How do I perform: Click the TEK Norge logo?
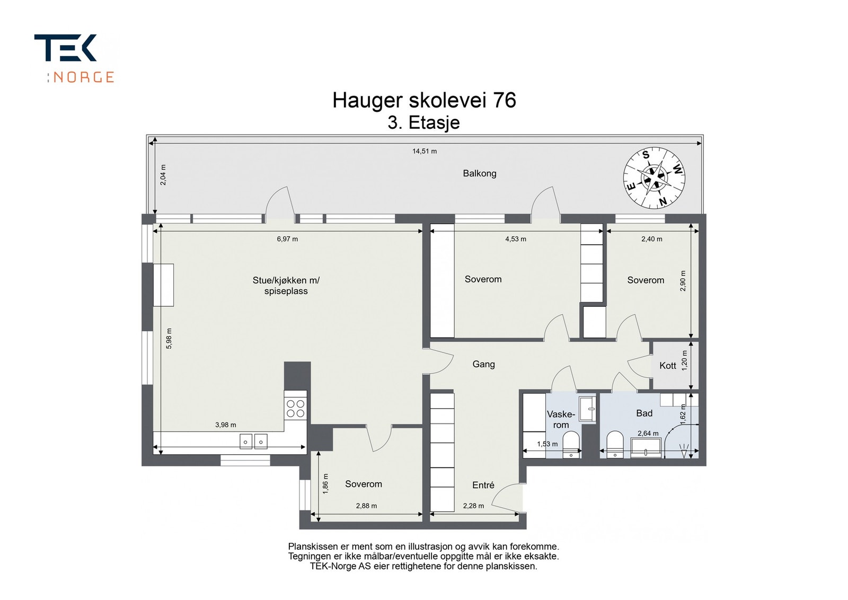tap(74, 58)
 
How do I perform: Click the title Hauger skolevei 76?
tap(424, 100)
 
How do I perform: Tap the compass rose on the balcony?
tap(653, 178)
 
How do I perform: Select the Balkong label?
tap(479, 173)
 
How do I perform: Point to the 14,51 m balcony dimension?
tap(425, 151)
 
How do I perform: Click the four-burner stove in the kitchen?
tap(295, 408)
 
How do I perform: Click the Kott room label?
tap(668, 366)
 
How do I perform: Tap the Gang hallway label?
tap(483, 364)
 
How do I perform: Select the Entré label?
tap(483, 485)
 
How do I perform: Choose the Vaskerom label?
tap(561, 419)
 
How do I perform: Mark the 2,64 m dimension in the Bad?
tap(648, 434)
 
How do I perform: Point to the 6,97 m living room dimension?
tap(287, 239)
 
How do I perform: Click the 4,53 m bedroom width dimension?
tap(516, 239)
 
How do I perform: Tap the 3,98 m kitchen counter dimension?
tap(226, 425)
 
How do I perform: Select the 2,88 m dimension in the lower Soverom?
tap(366, 506)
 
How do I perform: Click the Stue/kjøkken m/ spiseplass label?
tap(286, 286)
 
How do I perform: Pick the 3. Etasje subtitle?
tap(423, 123)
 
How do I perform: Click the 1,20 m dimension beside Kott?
tap(684, 360)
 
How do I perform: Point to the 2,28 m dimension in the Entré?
tap(473, 506)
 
